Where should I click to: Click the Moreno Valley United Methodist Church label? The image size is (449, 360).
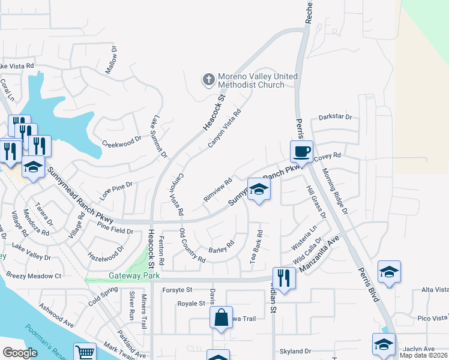click(x=251, y=81)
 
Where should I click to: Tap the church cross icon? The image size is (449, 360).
click(x=208, y=80)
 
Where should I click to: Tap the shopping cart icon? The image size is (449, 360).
click(x=85, y=352)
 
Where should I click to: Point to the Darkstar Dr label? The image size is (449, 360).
click(x=335, y=117)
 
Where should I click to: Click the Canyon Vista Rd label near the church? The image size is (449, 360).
click(x=224, y=128)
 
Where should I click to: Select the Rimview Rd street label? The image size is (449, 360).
click(x=218, y=189)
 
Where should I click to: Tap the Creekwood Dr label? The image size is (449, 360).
click(x=121, y=144)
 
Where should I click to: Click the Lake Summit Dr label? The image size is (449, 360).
click(x=159, y=137)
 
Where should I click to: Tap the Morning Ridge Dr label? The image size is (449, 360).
click(x=335, y=191)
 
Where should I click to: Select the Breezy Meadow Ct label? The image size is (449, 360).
click(x=34, y=276)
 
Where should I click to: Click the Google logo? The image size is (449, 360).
click(x=20, y=353)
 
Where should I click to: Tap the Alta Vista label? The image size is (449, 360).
click(x=435, y=290)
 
